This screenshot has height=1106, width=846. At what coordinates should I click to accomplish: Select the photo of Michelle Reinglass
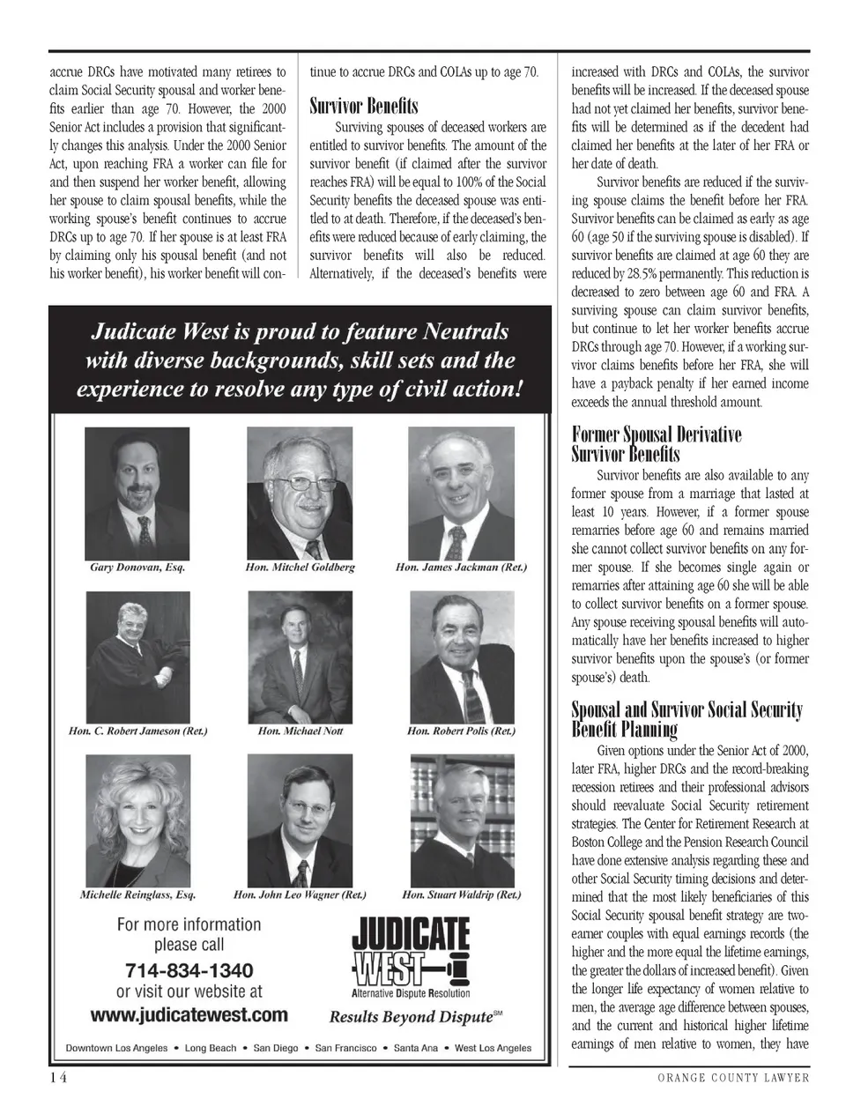tap(137, 820)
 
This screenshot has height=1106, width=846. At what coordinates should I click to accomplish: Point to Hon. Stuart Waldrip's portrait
tap(462, 820)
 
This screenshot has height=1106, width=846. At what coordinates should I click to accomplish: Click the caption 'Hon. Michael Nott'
tap(300, 731)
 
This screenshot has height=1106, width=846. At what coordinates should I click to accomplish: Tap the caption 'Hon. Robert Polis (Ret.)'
tap(461, 731)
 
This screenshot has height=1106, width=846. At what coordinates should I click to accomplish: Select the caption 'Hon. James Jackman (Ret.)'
tap(461, 567)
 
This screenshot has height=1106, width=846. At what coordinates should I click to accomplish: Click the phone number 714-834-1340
tap(189, 970)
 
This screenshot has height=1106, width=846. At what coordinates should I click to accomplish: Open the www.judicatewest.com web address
tap(189, 1014)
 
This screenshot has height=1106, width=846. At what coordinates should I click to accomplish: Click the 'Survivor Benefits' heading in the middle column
tap(364, 107)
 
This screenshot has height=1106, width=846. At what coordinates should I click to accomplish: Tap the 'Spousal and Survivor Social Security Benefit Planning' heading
tap(686, 719)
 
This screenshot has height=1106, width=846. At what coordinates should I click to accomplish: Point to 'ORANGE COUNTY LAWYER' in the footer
tap(732, 1078)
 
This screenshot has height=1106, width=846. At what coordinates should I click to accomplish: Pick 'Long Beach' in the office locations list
tap(211, 1048)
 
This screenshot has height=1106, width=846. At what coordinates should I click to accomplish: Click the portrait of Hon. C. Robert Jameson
tap(137, 656)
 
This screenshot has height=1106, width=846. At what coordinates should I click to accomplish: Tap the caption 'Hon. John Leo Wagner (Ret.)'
tap(300, 894)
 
